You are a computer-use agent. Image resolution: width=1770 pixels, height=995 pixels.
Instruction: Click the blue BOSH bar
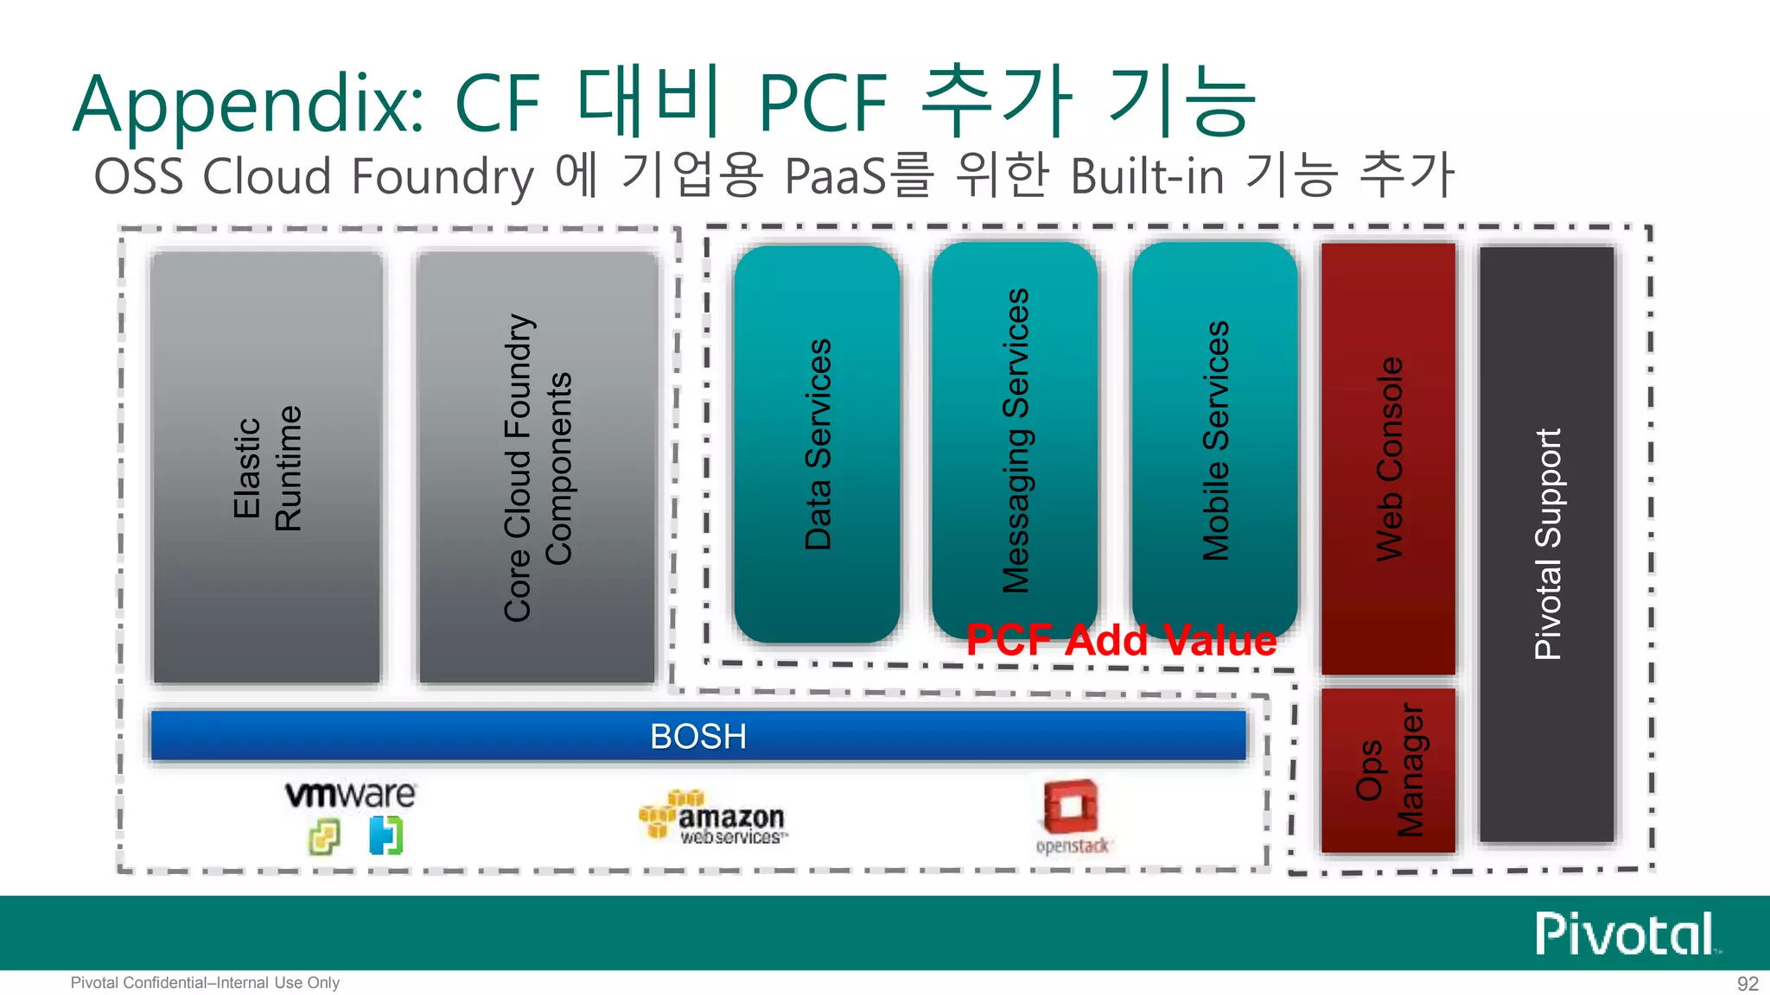[x=698, y=736]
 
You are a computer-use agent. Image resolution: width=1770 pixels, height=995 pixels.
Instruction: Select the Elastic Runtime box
[x=266, y=467]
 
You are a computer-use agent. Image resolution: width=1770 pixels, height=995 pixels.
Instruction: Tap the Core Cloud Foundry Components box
[x=537, y=467]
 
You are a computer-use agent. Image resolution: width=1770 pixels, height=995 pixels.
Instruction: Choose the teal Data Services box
[x=817, y=444]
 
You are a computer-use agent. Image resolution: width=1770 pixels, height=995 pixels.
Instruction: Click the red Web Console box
[x=1388, y=458]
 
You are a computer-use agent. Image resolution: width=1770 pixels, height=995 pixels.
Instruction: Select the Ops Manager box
[x=1388, y=770]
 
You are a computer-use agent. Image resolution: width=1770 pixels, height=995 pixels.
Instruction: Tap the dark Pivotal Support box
[x=1547, y=544]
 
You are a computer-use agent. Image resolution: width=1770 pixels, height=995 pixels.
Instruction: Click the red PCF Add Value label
[x=1121, y=641]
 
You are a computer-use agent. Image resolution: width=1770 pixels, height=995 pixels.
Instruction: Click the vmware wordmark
[x=350, y=795]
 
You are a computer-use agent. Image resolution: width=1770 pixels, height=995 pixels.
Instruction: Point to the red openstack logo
[x=1072, y=816]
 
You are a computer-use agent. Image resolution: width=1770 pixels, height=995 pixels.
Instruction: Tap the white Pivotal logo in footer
[x=1625, y=934]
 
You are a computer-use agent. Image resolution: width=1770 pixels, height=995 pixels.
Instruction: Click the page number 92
[x=1748, y=984]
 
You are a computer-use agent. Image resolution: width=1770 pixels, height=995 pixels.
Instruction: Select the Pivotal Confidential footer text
[x=205, y=983]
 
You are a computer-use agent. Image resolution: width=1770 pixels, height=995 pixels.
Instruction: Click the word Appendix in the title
[x=248, y=105]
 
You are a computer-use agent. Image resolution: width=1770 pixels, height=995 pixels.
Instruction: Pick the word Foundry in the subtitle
[x=442, y=177]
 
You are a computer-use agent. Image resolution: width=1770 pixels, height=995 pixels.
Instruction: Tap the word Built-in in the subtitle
[x=1147, y=177]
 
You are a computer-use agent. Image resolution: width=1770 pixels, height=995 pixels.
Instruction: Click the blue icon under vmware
[x=385, y=835]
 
